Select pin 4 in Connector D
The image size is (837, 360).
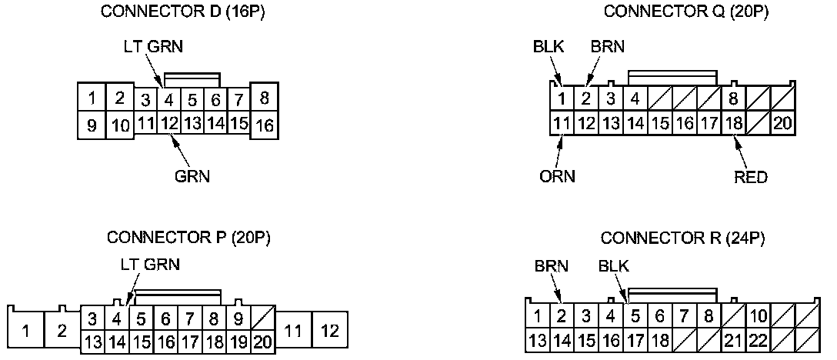[x=169, y=99]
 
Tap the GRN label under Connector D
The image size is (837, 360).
[x=192, y=175]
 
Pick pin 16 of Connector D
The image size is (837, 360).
[x=265, y=125]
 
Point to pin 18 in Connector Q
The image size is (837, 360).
[x=735, y=122]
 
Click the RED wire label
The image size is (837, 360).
[x=751, y=177]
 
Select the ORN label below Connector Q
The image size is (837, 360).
[x=557, y=177]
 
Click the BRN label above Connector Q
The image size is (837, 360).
[x=608, y=47]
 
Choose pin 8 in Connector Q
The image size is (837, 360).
[x=735, y=98]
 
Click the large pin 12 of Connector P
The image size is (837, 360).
[x=330, y=331]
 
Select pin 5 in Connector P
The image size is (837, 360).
[x=142, y=318]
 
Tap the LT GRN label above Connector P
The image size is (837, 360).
[x=150, y=264]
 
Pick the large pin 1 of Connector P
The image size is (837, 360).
[x=27, y=332]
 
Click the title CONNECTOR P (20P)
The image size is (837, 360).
[x=188, y=237]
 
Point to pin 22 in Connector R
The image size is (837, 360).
[x=758, y=339]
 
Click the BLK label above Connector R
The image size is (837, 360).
[x=614, y=266]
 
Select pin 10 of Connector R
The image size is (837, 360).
[x=758, y=315]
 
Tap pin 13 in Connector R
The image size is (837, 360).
[x=539, y=339]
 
